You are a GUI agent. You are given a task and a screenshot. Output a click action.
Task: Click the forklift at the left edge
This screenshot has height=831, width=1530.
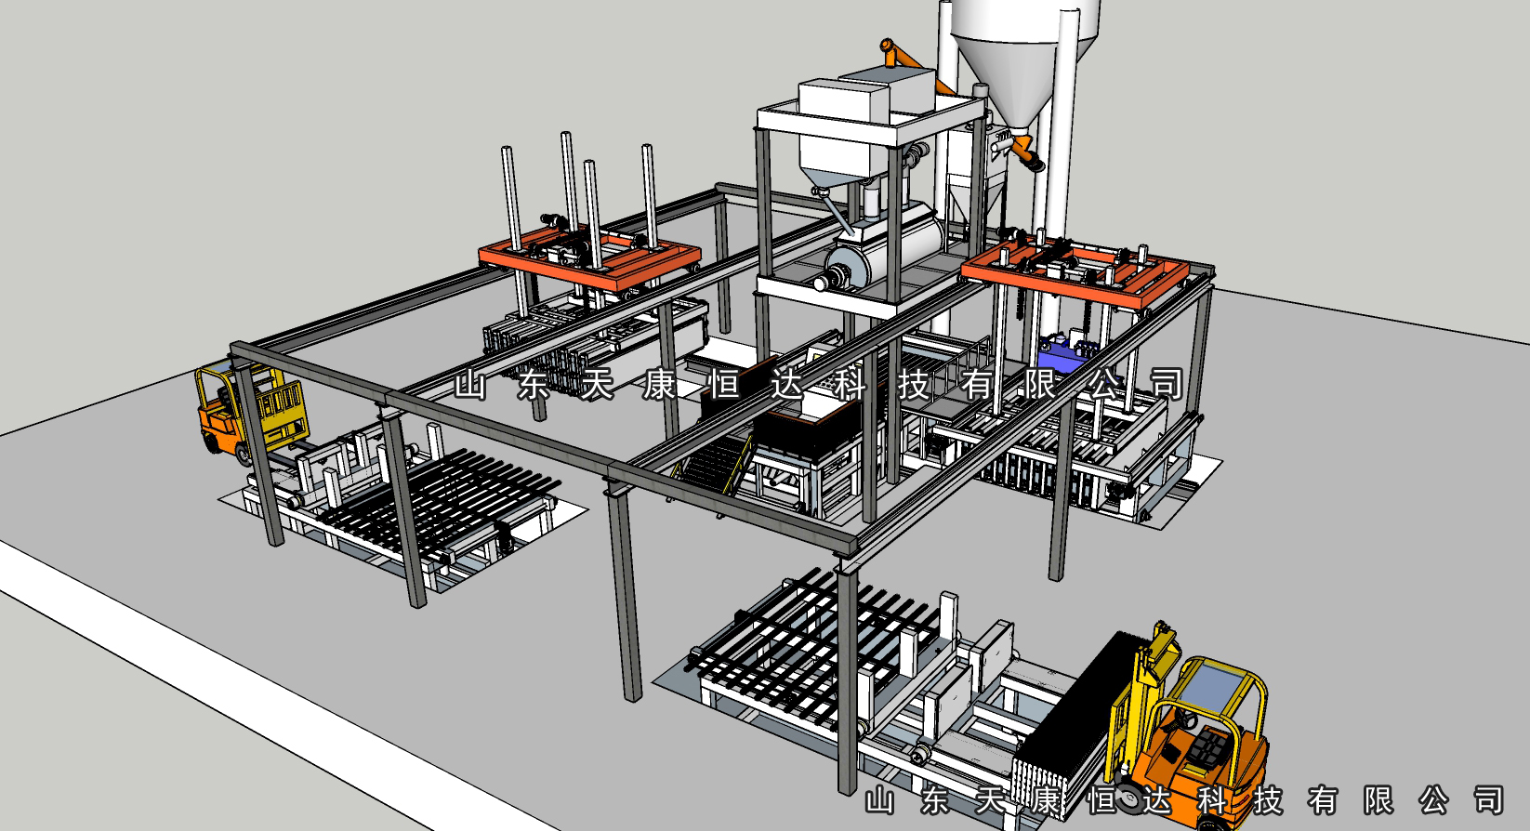pyautogui.click(x=250, y=412)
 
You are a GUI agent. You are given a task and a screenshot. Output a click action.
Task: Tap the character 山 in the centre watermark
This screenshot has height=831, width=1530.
pyautogui.click(x=470, y=386)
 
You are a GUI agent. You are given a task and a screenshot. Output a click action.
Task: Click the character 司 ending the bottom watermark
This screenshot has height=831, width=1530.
pyautogui.click(x=1489, y=800)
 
